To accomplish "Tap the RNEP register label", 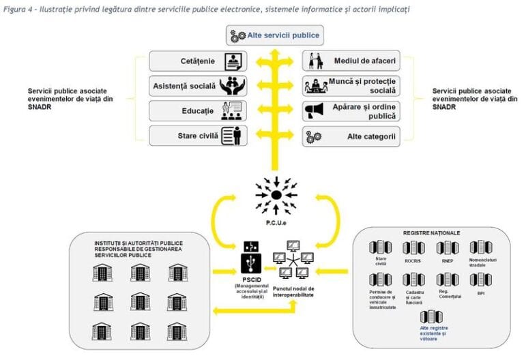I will [x=446, y=260].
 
